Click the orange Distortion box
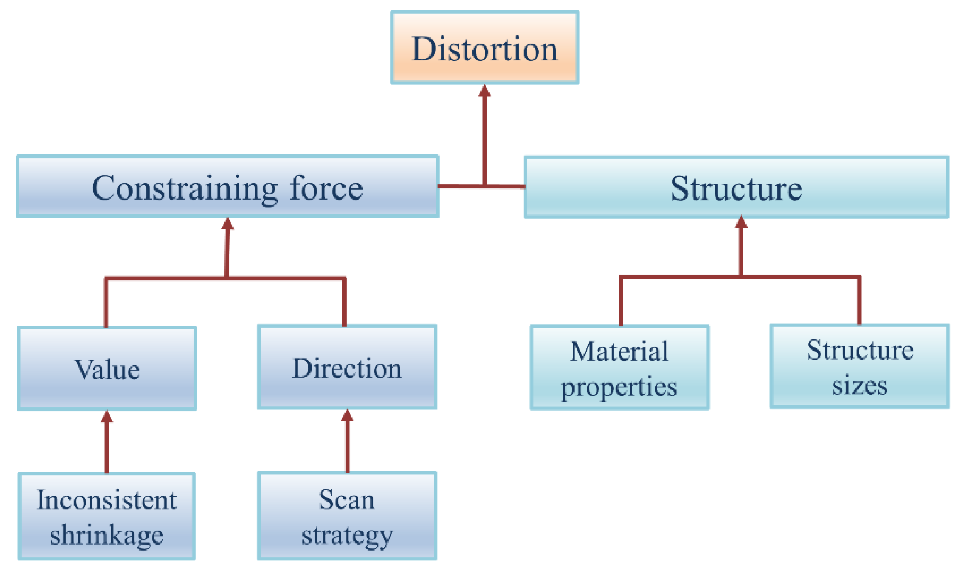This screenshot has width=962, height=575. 484,48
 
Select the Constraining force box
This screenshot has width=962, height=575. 227,187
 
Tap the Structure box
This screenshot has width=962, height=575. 736,188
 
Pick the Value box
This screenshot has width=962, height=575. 107,368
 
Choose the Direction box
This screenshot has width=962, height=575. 347,367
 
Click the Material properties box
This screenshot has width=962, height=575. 619,368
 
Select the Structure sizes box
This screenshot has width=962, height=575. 860,367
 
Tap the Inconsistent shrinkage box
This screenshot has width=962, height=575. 107,517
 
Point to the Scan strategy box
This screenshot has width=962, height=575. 347,516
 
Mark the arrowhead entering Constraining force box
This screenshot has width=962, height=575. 227,224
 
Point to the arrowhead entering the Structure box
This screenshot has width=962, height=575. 741,222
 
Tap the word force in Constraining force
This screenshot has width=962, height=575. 326,188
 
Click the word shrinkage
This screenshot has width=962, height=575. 107,535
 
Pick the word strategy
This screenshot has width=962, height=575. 347,536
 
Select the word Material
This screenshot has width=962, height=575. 619,352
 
